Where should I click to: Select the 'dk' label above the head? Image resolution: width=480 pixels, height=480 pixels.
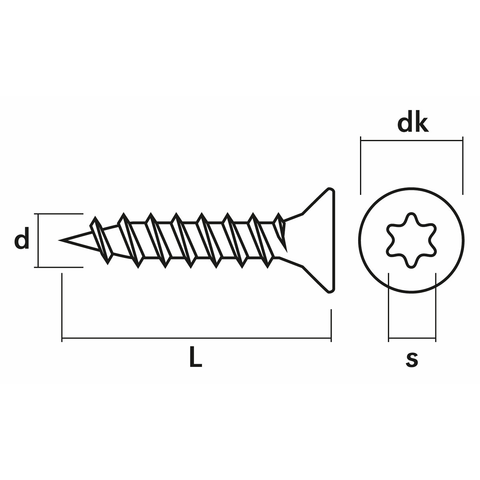[413, 124]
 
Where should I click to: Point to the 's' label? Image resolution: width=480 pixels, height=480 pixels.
[412, 359]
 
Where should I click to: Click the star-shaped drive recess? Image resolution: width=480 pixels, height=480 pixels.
[412, 240]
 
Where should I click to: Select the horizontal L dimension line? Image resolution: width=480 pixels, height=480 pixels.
[196, 339]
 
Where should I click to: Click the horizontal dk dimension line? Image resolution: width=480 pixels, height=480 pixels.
[412, 141]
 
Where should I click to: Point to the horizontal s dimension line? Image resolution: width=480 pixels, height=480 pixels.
[412, 339]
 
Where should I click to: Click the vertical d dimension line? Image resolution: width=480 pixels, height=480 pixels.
[38, 240]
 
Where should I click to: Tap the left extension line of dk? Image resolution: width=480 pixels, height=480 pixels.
[361, 166]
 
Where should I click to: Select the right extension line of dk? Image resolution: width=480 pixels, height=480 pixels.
[463, 166]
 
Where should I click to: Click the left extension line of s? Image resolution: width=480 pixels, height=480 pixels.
[388, 306]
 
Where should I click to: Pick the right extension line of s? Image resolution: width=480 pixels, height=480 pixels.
[436, 306]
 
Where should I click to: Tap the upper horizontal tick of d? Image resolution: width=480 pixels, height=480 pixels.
[60, 214]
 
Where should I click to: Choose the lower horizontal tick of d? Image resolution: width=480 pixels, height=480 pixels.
[60, 267]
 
